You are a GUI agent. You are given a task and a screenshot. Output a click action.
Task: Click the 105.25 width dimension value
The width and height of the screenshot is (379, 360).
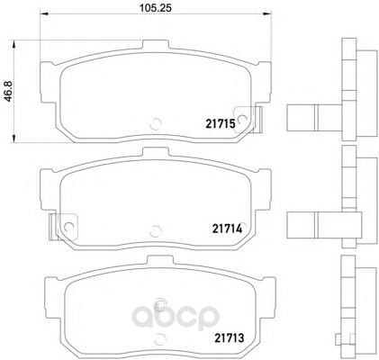tap(156, 8)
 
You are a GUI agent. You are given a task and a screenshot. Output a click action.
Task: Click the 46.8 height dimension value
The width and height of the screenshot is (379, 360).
tap(8, 91)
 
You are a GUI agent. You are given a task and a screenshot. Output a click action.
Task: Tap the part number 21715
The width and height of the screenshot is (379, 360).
tap(221, 123)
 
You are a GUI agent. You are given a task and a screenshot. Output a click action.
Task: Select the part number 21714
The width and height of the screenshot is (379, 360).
tap(227, 229)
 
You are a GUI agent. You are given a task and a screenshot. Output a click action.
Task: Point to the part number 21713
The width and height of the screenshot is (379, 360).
tap(229, 338)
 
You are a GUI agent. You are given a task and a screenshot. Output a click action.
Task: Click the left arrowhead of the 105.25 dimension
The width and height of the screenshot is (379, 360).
tap(44, 13)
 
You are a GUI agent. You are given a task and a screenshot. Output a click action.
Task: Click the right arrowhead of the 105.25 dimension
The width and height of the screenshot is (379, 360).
tap(266, 13)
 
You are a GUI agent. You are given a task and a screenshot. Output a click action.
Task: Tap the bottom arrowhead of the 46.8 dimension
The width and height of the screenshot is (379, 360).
tap(14, 139)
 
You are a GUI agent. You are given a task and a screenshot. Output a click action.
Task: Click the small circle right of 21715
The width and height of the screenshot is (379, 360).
tap(242, 120)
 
